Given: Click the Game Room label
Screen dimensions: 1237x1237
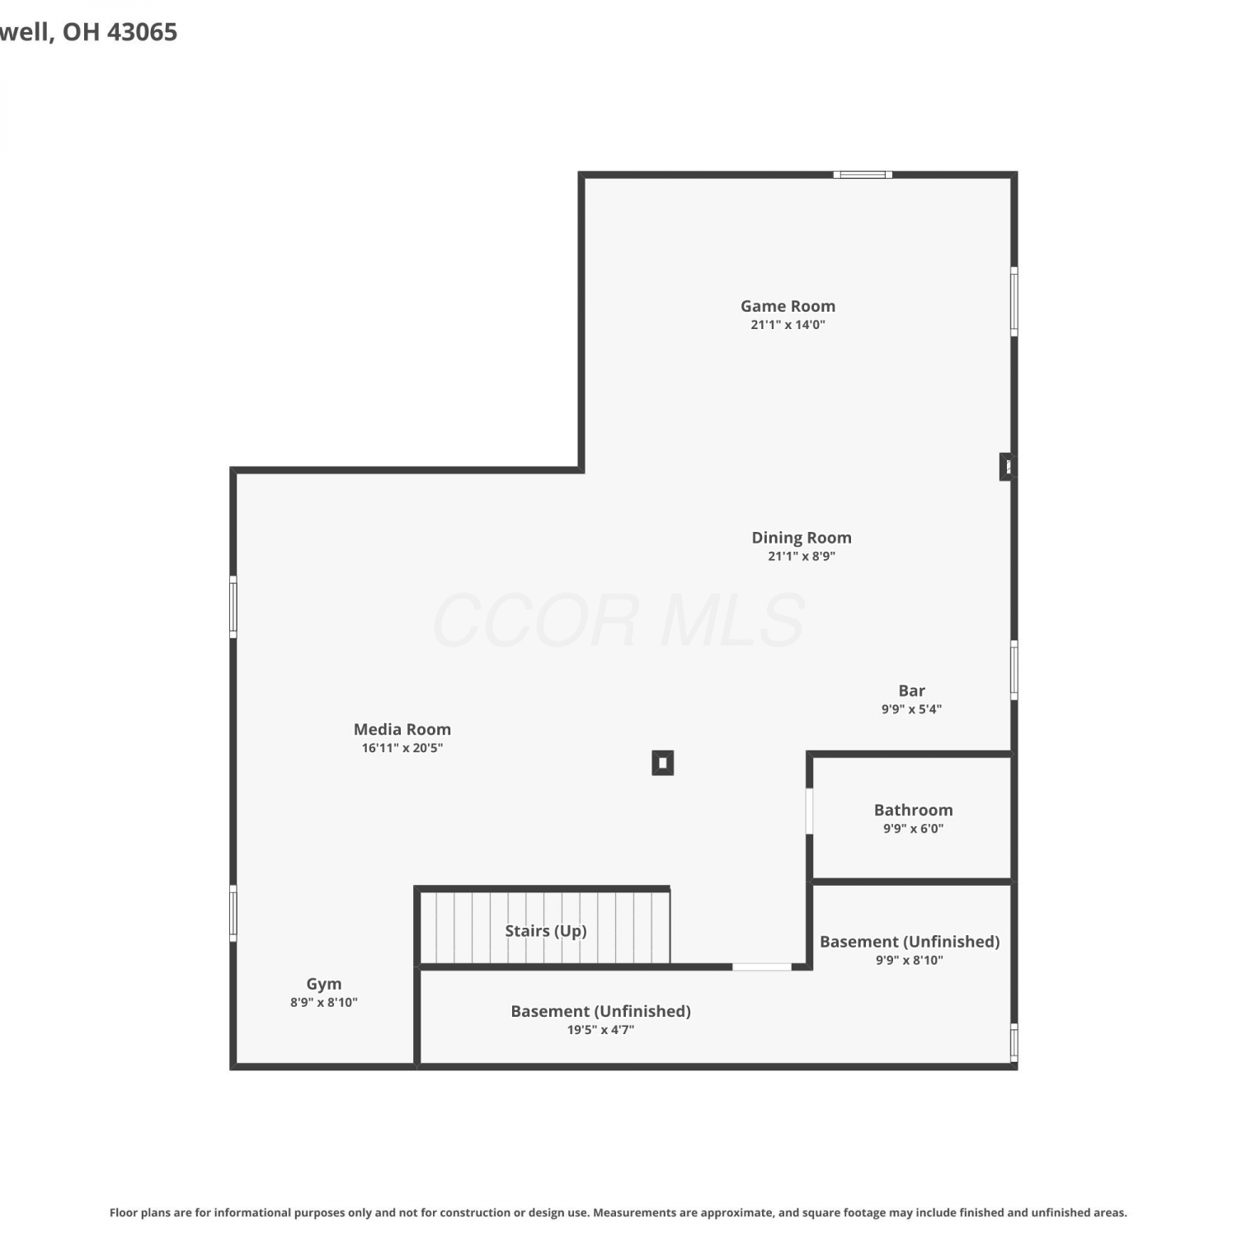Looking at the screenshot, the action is coord(788,306).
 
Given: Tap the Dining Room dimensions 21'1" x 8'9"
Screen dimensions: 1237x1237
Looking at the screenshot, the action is coord(802,557).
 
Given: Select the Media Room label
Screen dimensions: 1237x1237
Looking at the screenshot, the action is coord(402,729).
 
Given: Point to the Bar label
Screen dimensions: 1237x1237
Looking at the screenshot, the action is coord(911,690).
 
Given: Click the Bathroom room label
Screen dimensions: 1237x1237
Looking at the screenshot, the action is coord(913,810).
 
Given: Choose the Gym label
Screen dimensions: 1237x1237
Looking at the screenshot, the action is coord(323,984).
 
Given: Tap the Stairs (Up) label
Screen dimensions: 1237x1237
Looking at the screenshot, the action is coord(546,931).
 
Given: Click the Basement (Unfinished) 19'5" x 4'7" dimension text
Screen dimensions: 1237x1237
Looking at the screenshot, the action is coord(600,1030).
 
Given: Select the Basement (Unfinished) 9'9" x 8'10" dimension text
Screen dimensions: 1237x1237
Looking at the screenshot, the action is coord(910,960).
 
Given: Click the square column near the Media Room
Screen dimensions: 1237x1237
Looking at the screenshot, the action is coord(663,763).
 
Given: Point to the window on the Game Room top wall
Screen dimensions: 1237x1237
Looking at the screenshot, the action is coord(863,175).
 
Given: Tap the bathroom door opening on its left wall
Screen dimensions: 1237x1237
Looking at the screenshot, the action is coord(810,811).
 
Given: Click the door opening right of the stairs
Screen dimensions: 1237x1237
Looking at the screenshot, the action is coord(762,967).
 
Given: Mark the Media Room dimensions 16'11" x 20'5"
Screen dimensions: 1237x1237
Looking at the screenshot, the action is coord(402,748).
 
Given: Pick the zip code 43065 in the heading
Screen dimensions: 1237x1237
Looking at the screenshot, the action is coord(143,32).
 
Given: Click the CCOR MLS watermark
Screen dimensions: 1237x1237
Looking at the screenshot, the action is coord(618,620).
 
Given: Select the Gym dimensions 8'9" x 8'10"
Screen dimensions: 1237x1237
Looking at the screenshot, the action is coord(323,1003).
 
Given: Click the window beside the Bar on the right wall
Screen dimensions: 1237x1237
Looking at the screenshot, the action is coord(1014,670).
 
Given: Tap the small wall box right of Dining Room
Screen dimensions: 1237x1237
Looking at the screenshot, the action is coord(1007,467).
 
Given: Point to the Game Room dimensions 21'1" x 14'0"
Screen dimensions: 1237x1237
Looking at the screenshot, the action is coord(788,325).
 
